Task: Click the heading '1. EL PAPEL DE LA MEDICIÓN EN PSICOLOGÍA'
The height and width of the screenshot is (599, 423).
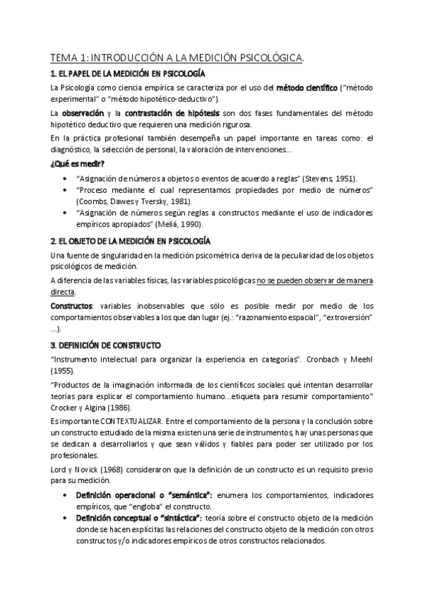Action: tap(127, 73)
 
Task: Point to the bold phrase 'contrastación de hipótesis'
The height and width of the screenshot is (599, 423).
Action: tap(172, 113)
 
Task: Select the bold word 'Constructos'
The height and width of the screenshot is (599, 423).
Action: tap(71, 306)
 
